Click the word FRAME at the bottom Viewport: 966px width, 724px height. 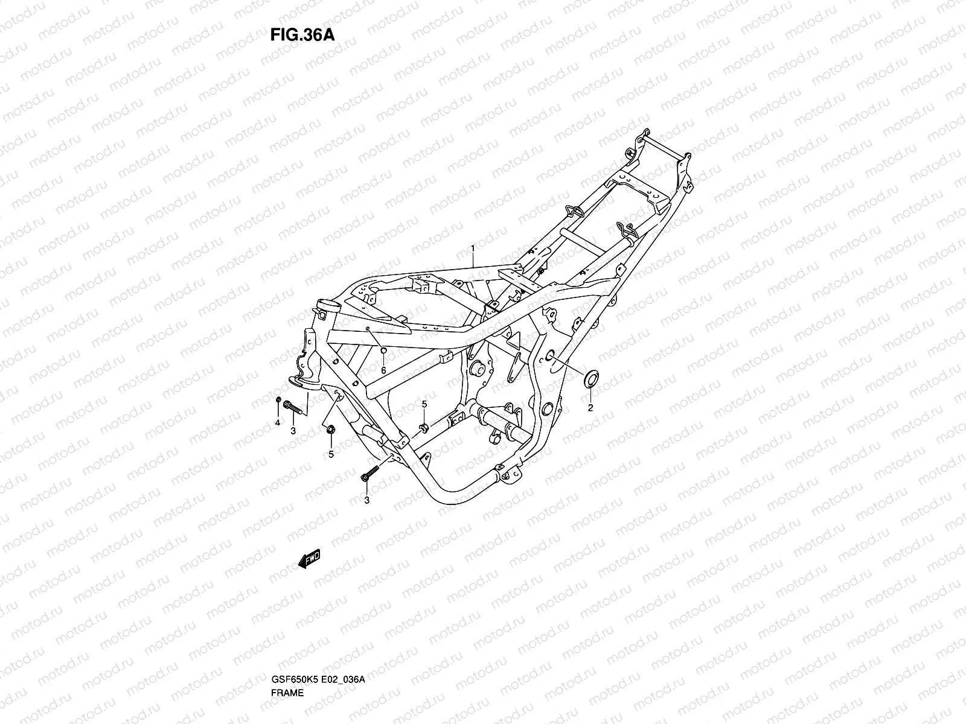point(288,659)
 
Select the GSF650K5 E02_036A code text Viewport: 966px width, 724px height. point(318,646)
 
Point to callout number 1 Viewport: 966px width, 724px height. point(473,249)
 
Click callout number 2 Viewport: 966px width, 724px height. point(590,408)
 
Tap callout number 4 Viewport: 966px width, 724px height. point(278,423)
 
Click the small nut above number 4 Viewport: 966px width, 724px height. point(278,401)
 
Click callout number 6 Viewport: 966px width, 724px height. point(383,370)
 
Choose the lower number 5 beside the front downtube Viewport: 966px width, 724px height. point(331,454)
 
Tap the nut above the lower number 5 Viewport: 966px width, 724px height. point(330,430)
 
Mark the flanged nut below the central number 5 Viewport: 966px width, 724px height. point(424,428)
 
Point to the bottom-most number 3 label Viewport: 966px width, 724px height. point(366,500)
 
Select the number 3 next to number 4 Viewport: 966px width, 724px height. point(293,430)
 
